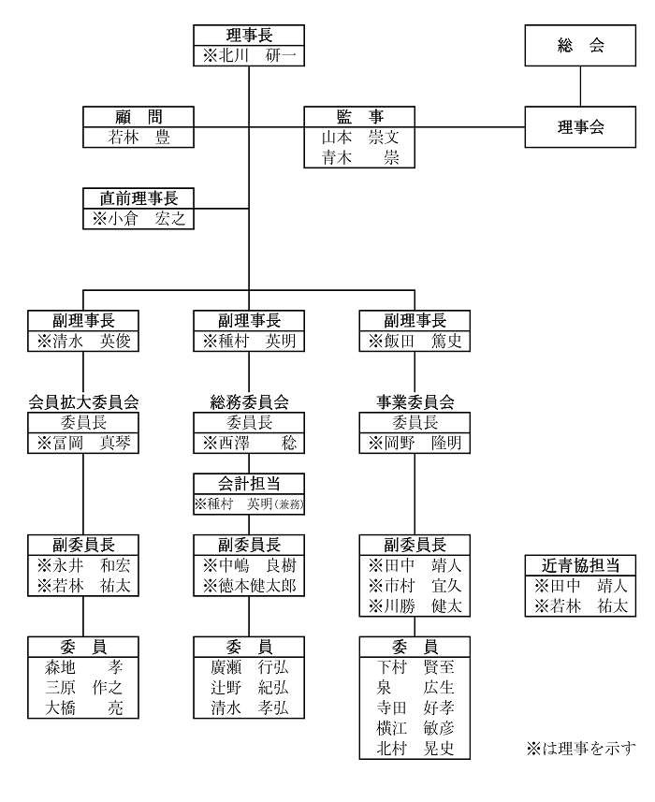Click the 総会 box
[x=580, y=46]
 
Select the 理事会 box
[x=580, y=127]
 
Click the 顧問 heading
[x=138, y=117]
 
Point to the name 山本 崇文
[x=360, y=137]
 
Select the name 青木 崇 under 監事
[x=360, y=157]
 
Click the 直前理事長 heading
[x=138, y=198]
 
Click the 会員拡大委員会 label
[x=83, y=402]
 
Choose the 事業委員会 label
[x=415, y=402]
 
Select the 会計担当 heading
[x=249, y=484]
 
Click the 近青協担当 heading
[x=580, y=565]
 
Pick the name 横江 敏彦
[x=415, y=728]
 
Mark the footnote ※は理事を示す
[x=581, y=749]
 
